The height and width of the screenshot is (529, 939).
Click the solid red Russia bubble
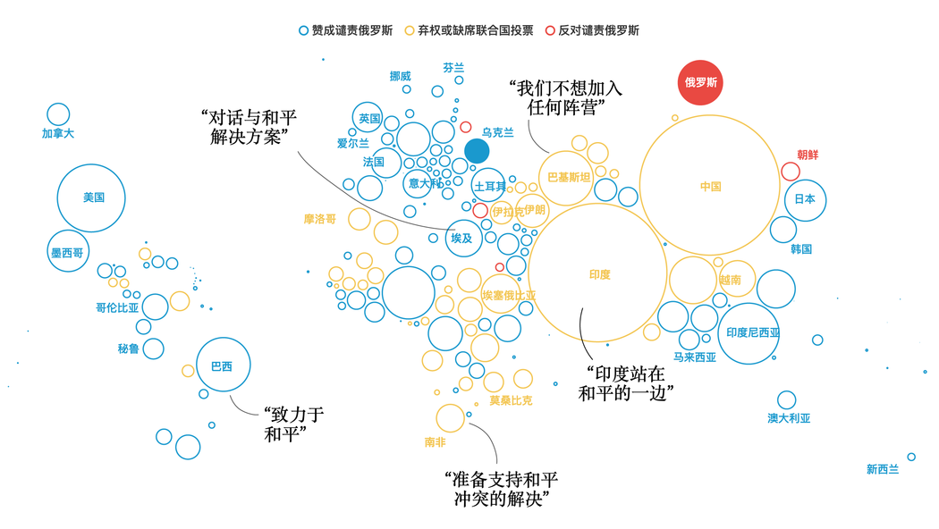tap(700, 82)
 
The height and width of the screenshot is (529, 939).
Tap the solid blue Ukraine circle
tap(477, 151)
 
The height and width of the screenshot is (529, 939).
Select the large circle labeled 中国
tap(710, 185)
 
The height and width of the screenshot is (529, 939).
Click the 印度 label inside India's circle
tap(599, 274)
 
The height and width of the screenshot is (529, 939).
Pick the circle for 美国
tap(91, 198)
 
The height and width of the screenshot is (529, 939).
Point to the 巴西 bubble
tap(224, 365)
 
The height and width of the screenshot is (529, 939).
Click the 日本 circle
tap(806, 200)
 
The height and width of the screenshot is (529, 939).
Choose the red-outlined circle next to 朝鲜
tap(791, 172)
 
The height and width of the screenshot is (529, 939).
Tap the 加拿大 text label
tap(58, 133)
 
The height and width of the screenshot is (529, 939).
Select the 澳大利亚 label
tap(789, 418)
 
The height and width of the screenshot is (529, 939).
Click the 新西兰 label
tap(883, 469)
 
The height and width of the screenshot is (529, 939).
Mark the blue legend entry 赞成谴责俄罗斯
tap(346, 30)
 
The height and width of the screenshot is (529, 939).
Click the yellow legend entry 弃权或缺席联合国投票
tap(469, 30)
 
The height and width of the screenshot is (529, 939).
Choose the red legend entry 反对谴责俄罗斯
tap(592, 30)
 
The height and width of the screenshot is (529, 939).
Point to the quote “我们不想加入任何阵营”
tap(566, 97)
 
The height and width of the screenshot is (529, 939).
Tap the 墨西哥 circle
tap(68, 251)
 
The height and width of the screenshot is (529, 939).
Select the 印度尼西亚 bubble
tap(749, 333)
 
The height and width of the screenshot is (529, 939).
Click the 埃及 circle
tap(463, 239)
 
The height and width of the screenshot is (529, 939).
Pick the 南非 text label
tap(436, 442)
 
